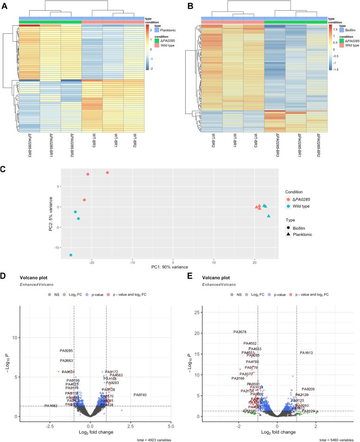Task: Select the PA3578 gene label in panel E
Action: point(240,332)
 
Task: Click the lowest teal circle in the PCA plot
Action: point(70,255)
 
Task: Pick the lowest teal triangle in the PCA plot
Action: point(269,216)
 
